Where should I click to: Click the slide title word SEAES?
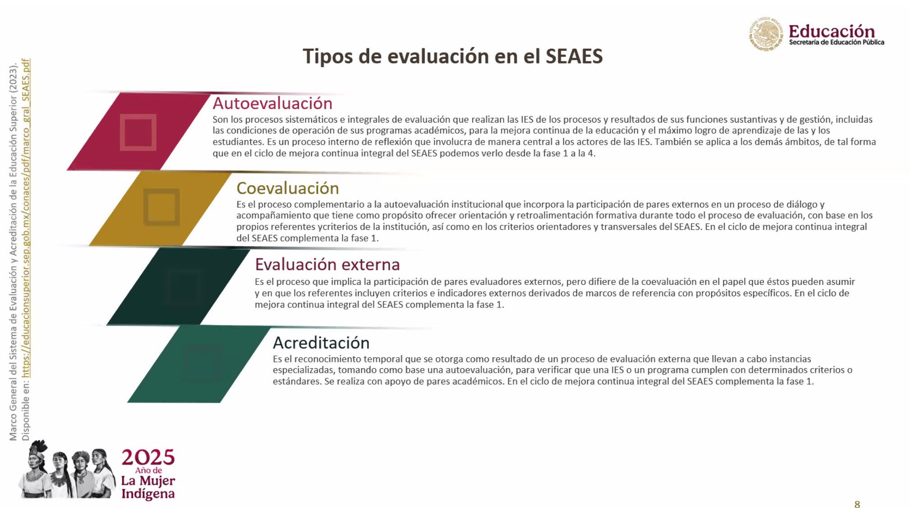point(574,56)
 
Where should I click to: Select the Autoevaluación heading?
point(272,103)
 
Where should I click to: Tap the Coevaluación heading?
point(288,188)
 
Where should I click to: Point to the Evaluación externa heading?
point(327,264)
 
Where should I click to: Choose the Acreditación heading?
point(321,343)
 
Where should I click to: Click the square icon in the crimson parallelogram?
point(138,132)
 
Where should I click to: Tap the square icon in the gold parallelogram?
point(161,207)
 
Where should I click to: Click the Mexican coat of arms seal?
point(766,34)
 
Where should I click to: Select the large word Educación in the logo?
point(832,31)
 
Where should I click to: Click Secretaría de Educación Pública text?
point(836,42)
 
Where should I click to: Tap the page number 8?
point(857,504)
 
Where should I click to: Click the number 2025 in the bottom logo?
point(148,458)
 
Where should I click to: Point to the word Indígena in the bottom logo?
point(148,494)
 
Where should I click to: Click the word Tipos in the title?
point(328,57)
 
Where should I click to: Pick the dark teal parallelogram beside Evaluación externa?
point(178,286)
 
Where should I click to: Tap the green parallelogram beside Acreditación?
point(199,364)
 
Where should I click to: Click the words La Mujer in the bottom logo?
point(148,481)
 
